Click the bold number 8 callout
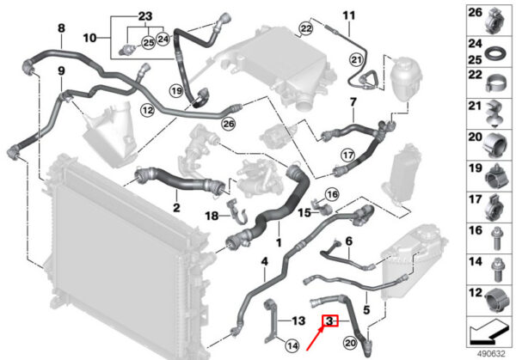click(x=61, y=28)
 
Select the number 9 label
click(x=61, y=70)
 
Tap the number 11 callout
click(x=348, y=16)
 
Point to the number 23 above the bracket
click(x=144, y=16)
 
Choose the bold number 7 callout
click(x=352, y=102)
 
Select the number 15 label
click(x=304, y=211)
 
